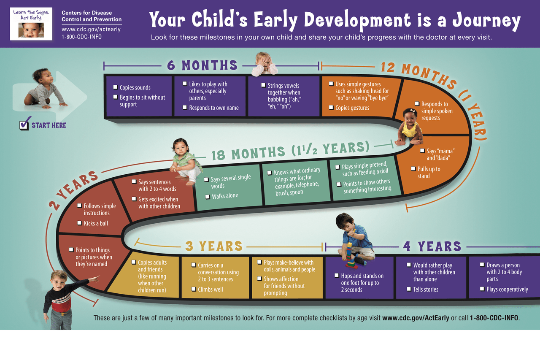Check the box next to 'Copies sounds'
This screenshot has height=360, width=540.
(x=116, y=87)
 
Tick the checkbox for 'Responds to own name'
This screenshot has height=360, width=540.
(x=185, y=107)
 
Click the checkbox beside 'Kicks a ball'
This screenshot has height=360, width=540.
(x=80, y=223)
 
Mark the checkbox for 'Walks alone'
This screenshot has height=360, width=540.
(x=208, y=197)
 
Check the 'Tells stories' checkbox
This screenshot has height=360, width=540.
(x=409, y=289)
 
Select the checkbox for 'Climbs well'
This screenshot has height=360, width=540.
(x=194, y=289)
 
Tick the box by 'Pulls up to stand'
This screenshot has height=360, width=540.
(x=413, y=168)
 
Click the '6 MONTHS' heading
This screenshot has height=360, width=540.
(x=202, y=65)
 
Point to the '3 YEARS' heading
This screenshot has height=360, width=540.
(x=214, y=246)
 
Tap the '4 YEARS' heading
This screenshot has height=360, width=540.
(x=432, y=246)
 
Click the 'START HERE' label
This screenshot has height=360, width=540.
(x=49, y=125)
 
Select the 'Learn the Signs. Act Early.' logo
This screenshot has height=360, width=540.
(x=31, y=24)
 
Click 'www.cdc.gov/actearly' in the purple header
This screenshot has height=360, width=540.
(x=91, y=30)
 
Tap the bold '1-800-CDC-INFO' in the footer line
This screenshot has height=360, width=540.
(x=494, y=318)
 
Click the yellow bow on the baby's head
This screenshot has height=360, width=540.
(x=413, y=111)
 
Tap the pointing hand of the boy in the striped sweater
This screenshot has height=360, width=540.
(x=95, y=279)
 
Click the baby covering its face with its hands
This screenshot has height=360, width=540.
(x=264, y=64)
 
